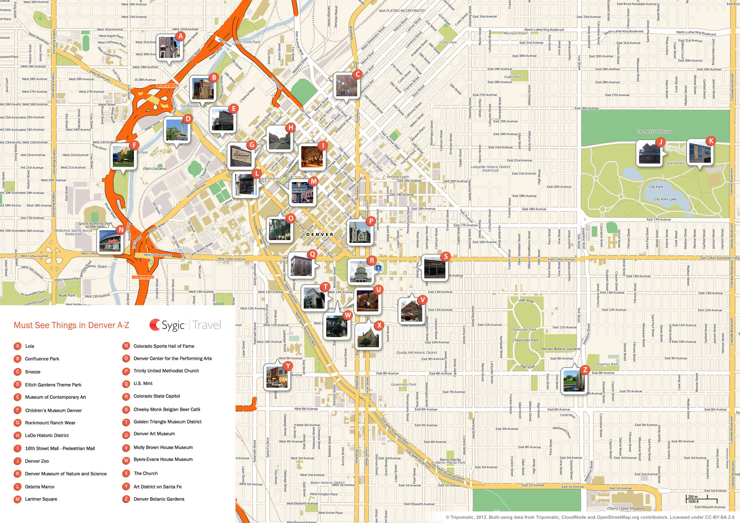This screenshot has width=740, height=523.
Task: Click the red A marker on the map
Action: click(x=180, y=36)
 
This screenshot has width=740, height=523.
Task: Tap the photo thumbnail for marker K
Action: click(x=699, y=153)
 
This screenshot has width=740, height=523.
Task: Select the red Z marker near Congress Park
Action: click(x=585, y=370)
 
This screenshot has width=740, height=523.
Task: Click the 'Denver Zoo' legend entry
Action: click(x=37, y=461)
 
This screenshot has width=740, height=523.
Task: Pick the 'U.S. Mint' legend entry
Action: click(x=143, y=383)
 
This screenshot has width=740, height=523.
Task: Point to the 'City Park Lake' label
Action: click(x=665, y=199)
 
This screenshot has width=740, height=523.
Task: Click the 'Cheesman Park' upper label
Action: click(x=523, y=330)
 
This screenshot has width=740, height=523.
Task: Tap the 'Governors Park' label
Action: click(x=403, y=385)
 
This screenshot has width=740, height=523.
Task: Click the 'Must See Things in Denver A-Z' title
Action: click(x=71, y=325)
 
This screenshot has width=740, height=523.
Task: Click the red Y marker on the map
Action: click(x=288, y=366)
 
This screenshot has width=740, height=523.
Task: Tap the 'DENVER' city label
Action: click(x=319, y=234)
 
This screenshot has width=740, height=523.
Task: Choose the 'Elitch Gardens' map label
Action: click(x=155, y=169)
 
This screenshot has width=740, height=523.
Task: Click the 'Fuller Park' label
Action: click(x=513, y=77)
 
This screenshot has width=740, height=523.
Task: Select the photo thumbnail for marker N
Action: click(x=110, y=242)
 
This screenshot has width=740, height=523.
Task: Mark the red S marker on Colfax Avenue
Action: click(x=446, y=256)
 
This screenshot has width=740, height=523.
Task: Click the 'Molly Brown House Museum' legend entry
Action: click(x=163, y=447)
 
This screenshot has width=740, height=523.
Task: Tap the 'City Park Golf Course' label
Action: click(x=654, y=131)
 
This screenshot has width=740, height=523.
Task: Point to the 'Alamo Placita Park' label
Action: click(x=450, y=461)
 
